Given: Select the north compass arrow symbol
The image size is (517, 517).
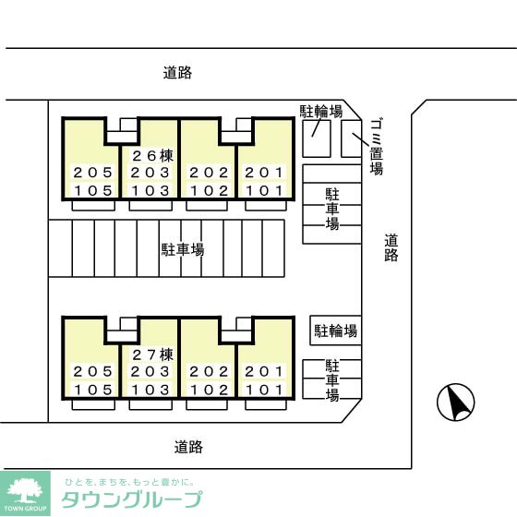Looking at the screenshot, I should pos(455,402).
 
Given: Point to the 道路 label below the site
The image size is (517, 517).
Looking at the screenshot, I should pos(188,447).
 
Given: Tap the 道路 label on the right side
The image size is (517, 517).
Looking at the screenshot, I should pos(391,247).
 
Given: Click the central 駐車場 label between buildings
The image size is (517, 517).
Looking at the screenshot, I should pos(183,249).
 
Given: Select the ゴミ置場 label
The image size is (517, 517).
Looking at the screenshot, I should pos(376,146).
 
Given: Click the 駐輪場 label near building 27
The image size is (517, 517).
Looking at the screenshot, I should pos(335,331).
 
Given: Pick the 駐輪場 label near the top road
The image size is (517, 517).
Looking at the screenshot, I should pos(321,112).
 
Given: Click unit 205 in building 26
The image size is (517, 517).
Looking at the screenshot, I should pos(93,173).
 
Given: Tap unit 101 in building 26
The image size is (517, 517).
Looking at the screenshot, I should pos(265,191).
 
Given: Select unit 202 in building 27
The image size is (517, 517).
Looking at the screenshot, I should pos(208,372).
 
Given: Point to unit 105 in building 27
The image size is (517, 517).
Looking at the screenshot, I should pos(93,390).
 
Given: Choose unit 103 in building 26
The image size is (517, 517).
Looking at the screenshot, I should pos(150,191).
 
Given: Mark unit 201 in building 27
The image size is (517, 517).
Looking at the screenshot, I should pos(265,372).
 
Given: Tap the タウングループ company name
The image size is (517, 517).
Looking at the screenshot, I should pos(131,500).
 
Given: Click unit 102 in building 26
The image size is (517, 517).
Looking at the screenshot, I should pos(208,191).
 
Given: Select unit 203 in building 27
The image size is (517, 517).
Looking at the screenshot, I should pos(150,372).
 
